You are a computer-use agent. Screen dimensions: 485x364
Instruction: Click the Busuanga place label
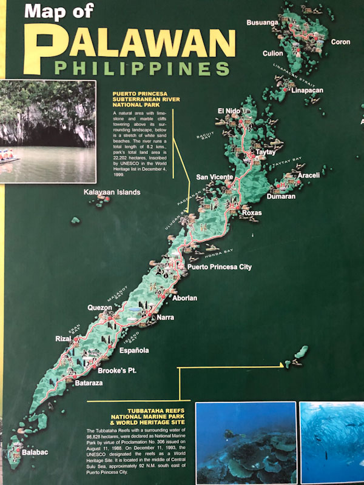[262, 22]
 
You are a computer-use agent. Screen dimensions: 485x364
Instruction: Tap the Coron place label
[340, 42]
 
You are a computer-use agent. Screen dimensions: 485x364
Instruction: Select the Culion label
[272, 53]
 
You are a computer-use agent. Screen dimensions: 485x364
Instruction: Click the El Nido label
[230, 111]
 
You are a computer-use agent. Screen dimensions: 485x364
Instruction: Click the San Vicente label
[214, 177]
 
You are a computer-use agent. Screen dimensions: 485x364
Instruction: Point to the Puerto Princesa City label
[220, 267]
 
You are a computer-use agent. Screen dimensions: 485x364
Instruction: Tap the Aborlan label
[184, 298]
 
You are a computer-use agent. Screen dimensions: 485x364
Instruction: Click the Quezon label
[99, 307]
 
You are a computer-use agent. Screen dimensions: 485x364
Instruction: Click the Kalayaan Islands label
[112, 192]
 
